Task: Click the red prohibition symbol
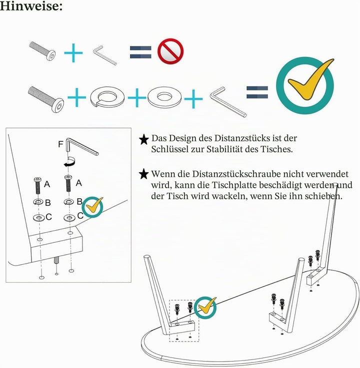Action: (x=170, y=51)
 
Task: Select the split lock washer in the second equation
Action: (x=107, y=97)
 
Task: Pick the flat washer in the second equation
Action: (x=164, y=97)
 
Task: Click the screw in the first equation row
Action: (x=42, y=51)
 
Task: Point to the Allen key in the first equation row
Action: (x=104, y=55)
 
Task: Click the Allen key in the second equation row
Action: (x=228, y=102)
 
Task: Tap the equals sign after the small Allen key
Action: (x=140, y=52)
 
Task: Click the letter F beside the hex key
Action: (x=60, y=144)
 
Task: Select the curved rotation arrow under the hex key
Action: (x=70, y=162)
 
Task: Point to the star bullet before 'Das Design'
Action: (x=144, y=139)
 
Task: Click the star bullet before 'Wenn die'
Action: (x=144, y=174)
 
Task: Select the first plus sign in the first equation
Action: (x=73, y=53)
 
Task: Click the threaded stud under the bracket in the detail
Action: (x=56, y=260)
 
